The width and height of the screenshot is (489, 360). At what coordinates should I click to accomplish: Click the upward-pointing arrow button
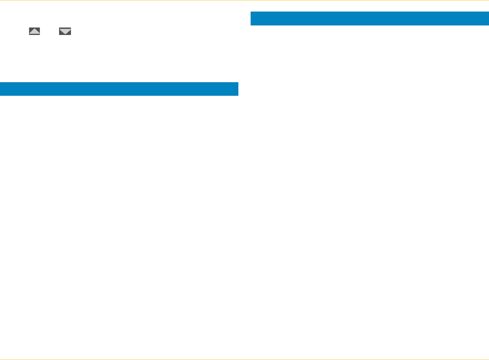34,31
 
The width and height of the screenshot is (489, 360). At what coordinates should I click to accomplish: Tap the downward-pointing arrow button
65,31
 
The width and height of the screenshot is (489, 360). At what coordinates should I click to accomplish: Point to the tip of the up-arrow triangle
34,29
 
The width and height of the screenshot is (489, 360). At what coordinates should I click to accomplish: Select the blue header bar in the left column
119,89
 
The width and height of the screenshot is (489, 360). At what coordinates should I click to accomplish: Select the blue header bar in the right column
369,18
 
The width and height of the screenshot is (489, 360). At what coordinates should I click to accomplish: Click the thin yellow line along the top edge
244,0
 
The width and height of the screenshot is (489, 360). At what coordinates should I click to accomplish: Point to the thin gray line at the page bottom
244,359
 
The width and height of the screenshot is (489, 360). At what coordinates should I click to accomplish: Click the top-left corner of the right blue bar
251,12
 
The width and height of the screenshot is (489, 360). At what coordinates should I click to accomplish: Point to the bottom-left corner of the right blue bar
251,25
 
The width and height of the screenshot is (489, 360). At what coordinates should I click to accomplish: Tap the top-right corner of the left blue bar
238,83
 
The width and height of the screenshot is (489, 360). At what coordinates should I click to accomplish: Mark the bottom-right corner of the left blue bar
238,95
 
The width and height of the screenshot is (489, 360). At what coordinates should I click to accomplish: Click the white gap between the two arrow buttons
50,31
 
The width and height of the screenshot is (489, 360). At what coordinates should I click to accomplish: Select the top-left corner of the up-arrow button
29,28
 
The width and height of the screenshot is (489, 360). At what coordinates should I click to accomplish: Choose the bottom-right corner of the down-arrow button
71,35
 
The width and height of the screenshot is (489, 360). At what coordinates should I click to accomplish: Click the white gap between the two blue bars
244,54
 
